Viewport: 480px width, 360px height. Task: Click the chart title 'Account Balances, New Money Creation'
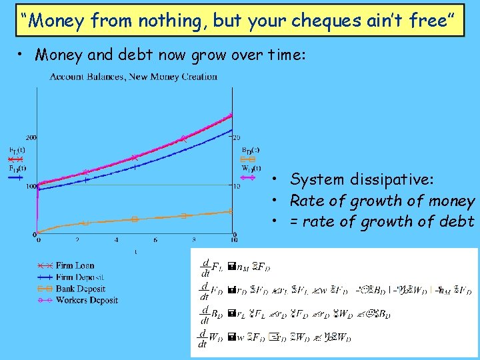(x=133, y=77)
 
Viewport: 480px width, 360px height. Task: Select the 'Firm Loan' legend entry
(x=75, y=266)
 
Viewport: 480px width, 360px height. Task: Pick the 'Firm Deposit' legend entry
(x=79, y=277)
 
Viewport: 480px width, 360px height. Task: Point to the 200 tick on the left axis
(x=31, y=138)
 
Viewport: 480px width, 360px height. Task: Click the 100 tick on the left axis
(x=31, y=186)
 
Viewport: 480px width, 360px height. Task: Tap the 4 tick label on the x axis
(x=116, y=240)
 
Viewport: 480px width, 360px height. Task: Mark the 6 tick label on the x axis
(x=155, y=240)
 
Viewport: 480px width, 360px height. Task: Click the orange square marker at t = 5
(x=135, y=219)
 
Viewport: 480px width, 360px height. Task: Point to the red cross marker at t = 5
(x=135, y=158)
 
